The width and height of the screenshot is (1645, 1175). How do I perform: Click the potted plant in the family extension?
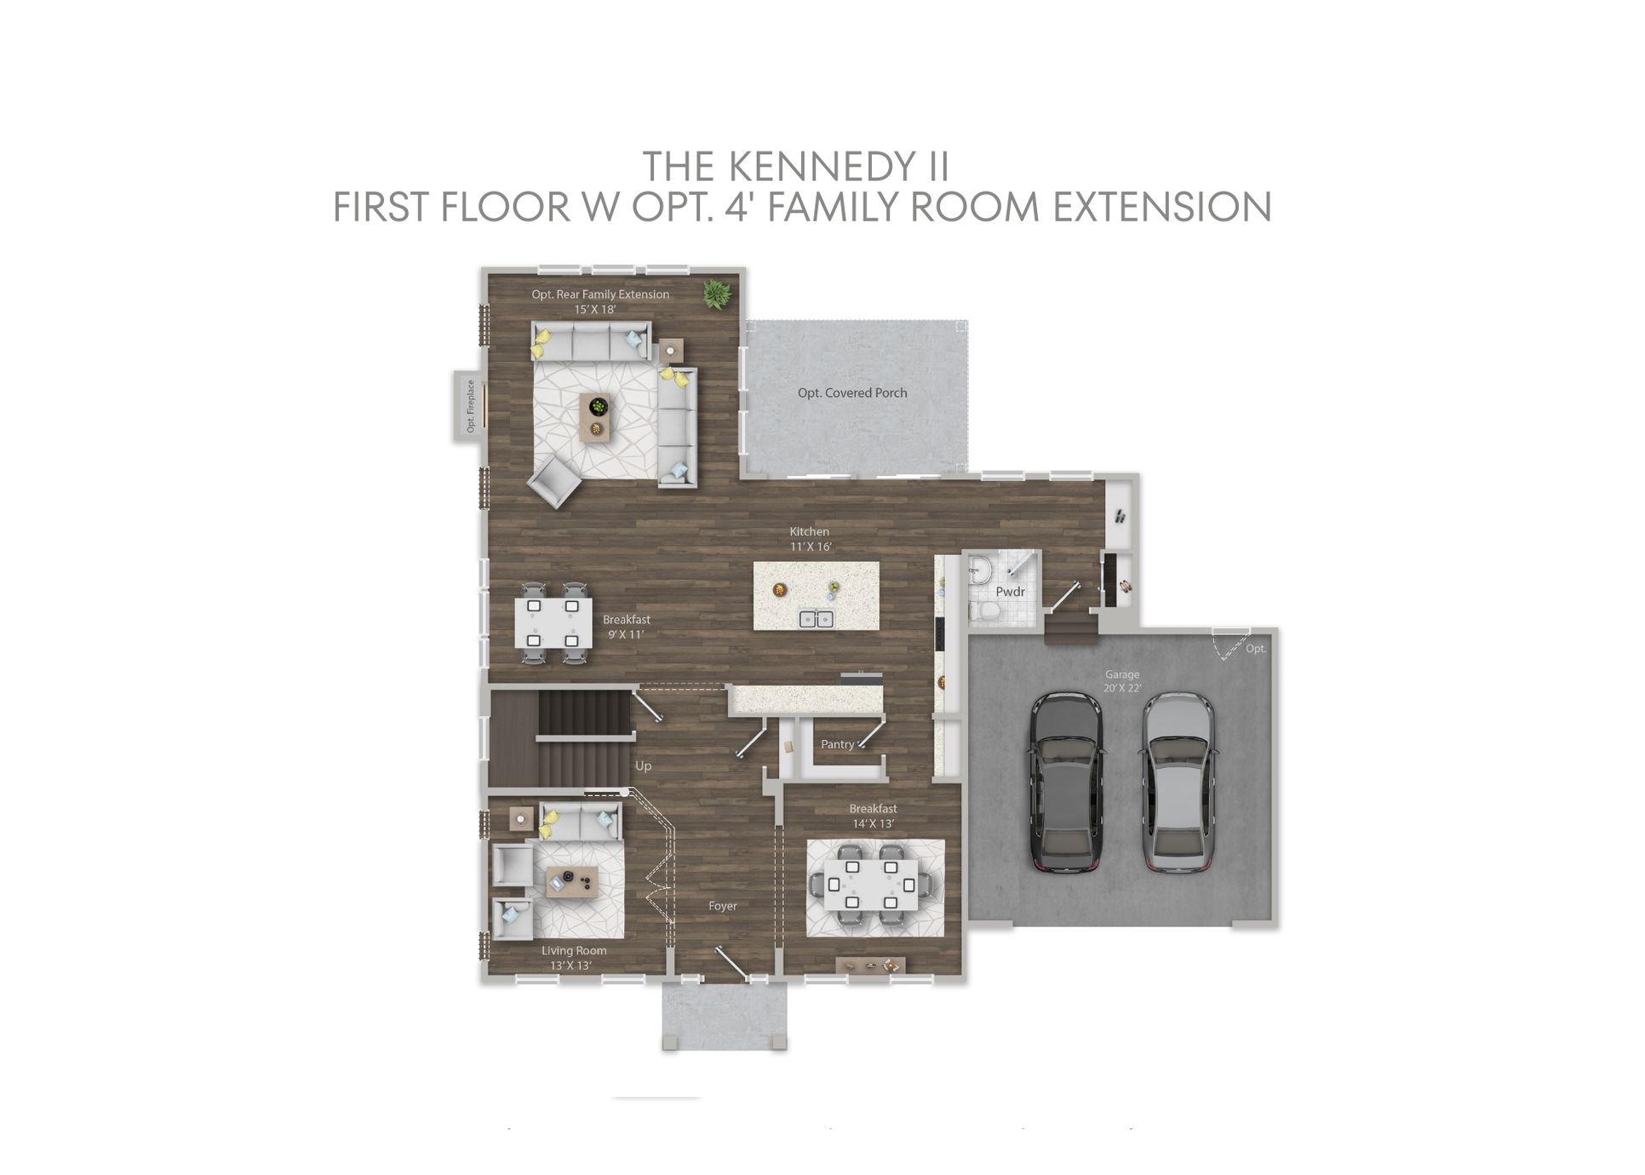717,295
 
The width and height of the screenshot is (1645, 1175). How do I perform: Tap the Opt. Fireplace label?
470,407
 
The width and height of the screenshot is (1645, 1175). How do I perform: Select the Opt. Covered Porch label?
852,393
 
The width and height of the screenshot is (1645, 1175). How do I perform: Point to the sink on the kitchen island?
816,619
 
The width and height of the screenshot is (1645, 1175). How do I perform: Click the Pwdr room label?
1010,592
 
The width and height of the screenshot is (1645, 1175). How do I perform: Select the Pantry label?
837,744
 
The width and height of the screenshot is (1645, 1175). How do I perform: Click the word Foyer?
723,906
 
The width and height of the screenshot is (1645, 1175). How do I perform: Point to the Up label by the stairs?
643,766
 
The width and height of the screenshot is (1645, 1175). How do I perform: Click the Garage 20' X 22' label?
1122,681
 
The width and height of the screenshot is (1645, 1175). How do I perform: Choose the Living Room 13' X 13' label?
574,958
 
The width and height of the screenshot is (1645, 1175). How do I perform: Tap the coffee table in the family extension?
595,416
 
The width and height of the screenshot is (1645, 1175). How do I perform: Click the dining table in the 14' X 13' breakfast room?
870,884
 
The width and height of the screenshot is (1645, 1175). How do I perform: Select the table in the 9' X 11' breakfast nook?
553,623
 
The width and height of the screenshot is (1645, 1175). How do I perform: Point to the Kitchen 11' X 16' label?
810,539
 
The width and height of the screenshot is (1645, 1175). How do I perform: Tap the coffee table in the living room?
572,882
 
